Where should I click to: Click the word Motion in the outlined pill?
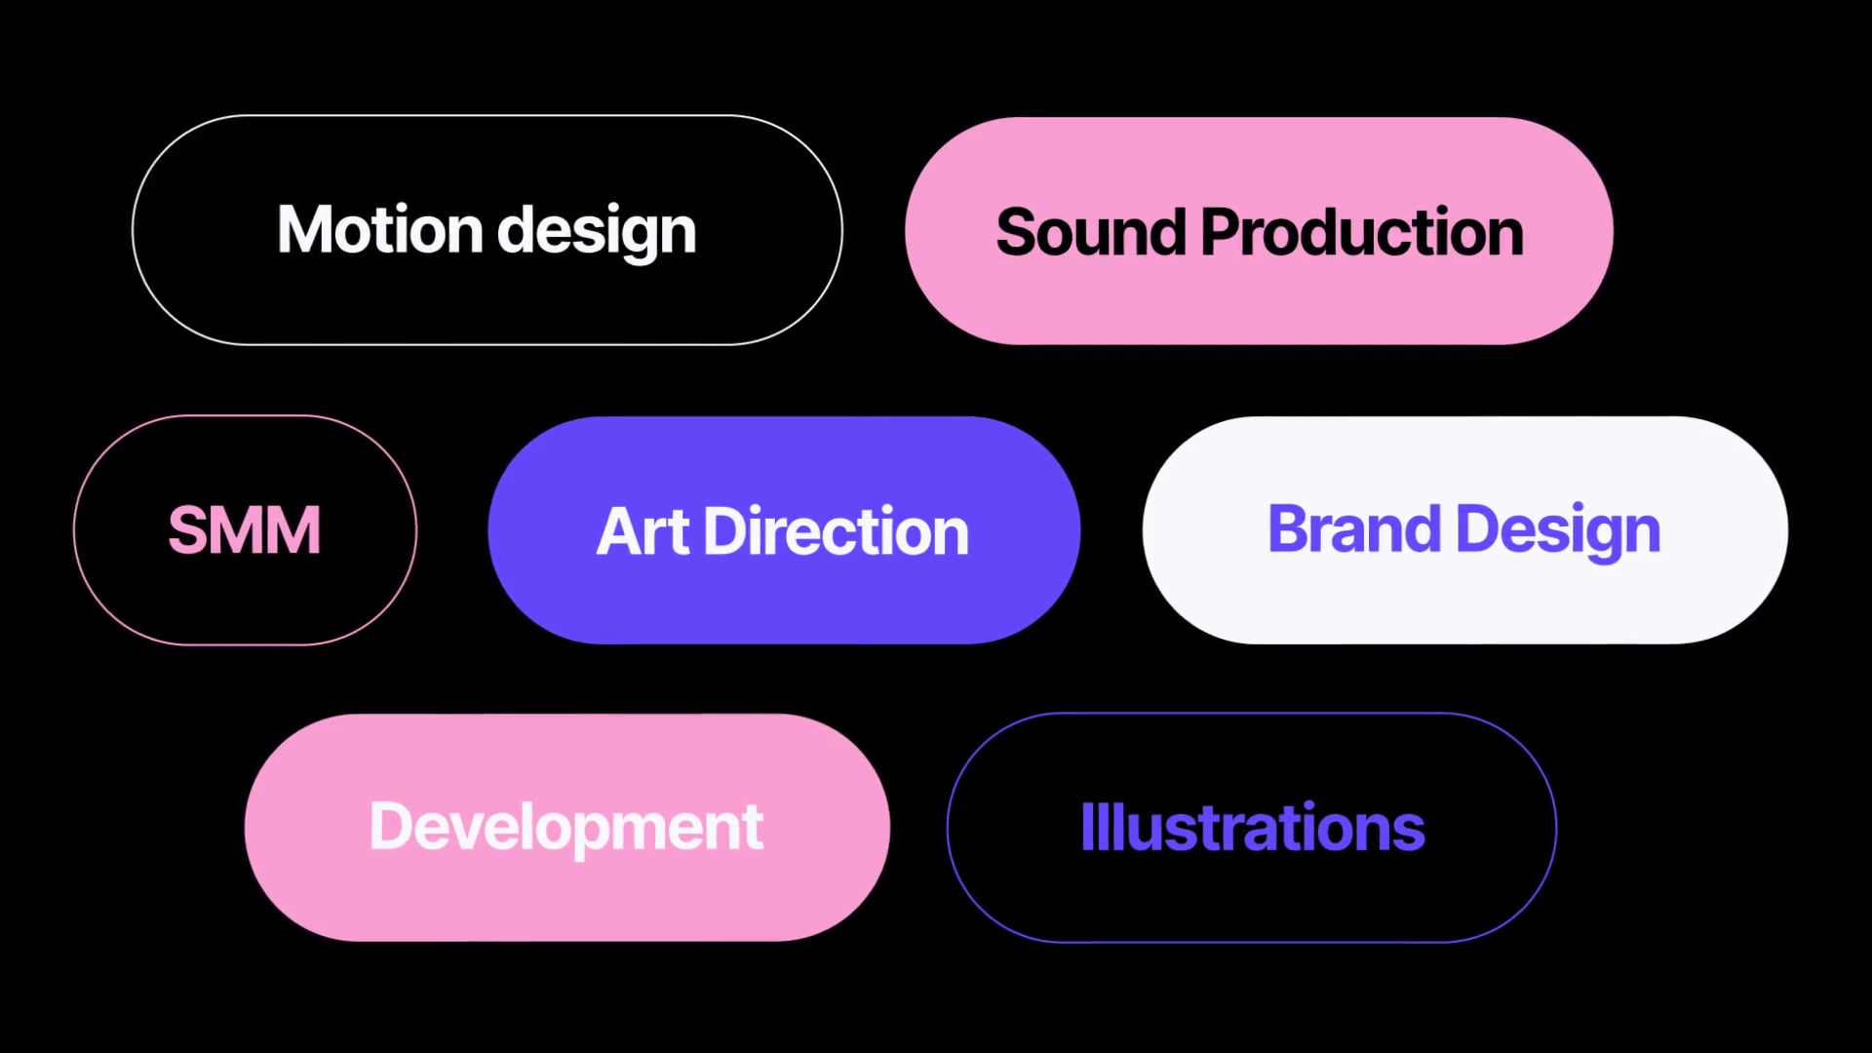[x=380, y=230]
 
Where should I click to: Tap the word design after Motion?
[x=597, y=233]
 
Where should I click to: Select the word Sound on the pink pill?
[x=1090, y=233]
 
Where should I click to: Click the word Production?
[x=1362, y=233]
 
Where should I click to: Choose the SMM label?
[x=245, y=530]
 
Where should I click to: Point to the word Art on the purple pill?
[x=643, y=532]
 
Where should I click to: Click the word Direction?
[x=836, y=532]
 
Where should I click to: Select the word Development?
[x=566, y=829]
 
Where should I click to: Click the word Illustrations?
[x=1253, y=828]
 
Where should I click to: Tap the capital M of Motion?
[x=306, y=230]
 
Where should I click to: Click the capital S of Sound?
[x=1019, y=233]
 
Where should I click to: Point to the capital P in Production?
[x=1223, y=233]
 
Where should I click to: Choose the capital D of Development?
[x=393, y=827]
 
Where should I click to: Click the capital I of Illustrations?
[x=1087, y=827]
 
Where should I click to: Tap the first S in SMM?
[x=189, y=530]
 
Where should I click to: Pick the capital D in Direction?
[x=727, y=532]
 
